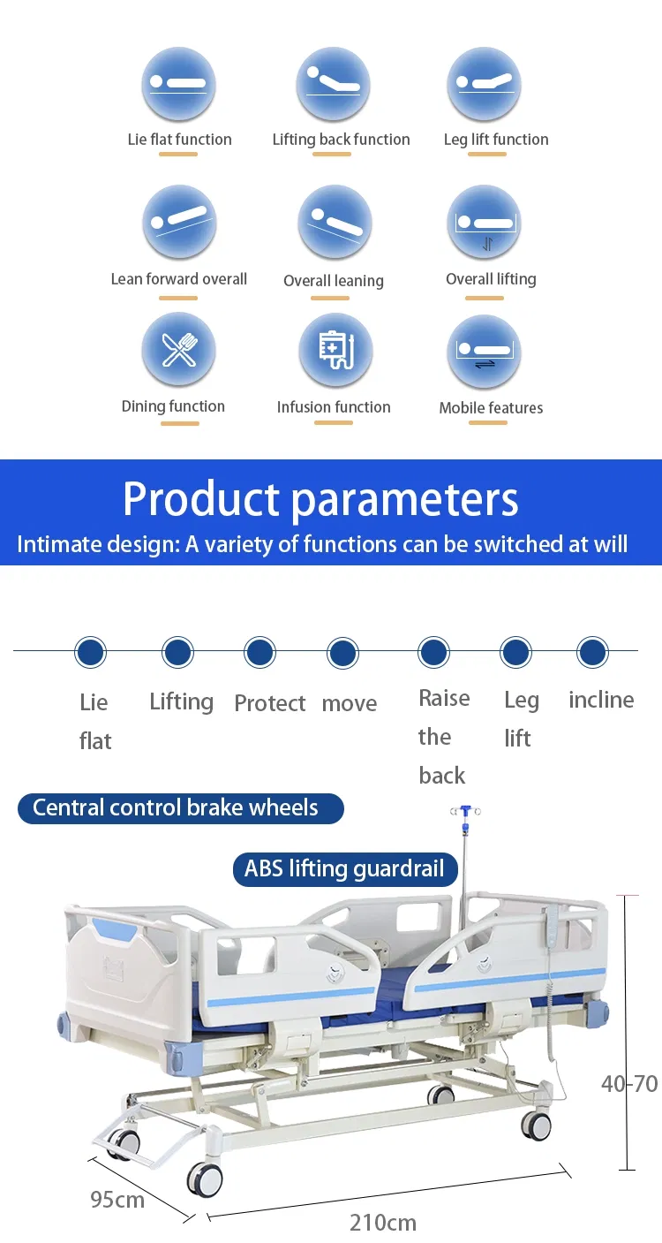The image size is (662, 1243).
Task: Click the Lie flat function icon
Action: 178,84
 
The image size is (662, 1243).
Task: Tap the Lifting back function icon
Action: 334,84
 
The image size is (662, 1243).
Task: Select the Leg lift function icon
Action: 484,84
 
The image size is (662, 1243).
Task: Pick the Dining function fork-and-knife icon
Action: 178,350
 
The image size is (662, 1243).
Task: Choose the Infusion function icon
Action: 335,350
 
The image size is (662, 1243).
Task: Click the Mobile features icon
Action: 484,352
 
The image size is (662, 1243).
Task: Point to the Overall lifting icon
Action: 484,222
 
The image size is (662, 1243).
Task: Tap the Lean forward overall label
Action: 178,278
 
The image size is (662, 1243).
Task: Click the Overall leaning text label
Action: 334,281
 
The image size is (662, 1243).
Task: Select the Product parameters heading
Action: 320,499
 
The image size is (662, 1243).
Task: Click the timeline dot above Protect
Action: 260,652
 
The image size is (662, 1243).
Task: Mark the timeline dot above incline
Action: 592,652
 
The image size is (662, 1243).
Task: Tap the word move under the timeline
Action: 350,703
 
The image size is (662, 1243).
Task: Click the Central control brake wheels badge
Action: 181,808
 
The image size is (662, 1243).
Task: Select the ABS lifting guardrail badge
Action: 345,869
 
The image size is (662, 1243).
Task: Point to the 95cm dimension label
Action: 117,1200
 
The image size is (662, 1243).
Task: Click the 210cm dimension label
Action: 382,1223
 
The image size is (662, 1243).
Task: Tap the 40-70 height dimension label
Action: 629,1083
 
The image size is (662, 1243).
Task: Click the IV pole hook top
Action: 465,811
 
